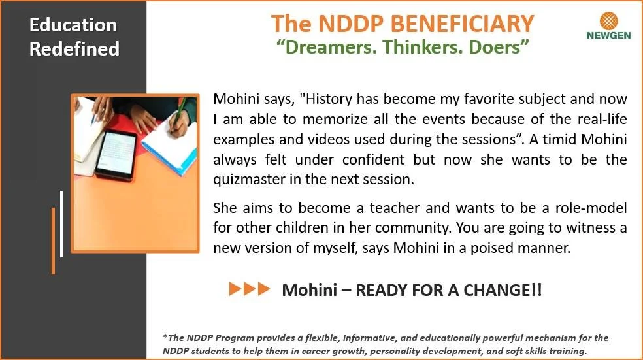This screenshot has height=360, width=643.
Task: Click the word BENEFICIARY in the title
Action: click(462, 24)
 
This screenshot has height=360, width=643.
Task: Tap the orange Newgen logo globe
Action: click(608, 20)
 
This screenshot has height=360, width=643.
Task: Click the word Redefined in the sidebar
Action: click(74, 49)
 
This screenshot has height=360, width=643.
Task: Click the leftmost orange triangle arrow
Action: click(235, 289)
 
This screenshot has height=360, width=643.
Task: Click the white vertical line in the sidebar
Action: click(61, 224)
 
